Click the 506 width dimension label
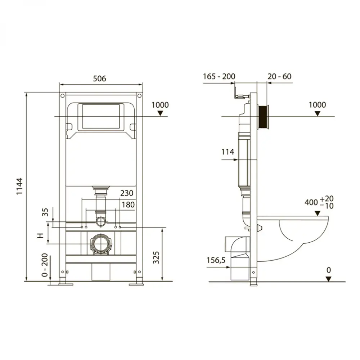tap(100, 78)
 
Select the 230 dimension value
tap(127, 193)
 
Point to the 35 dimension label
tap(45, 212)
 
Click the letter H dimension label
tap(41, 235)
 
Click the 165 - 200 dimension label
tap(219, 76)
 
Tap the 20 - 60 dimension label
tap(279, 76)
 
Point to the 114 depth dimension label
tap(228, 152)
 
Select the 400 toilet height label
tap(319, 203)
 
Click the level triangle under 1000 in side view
tap(317, 113)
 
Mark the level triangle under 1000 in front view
tap(161, 113)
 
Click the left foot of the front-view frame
tap(65, 284)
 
